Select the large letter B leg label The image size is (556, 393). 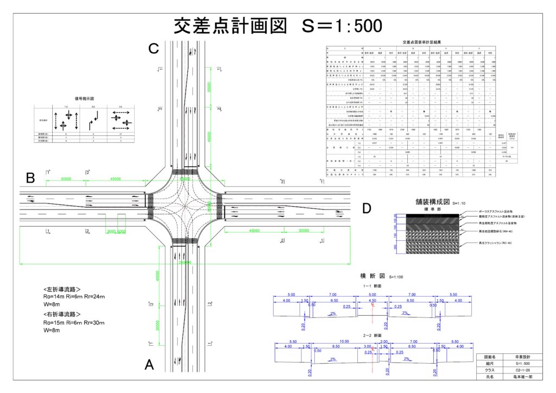30,177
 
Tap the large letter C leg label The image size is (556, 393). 154,49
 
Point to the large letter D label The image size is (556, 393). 367,208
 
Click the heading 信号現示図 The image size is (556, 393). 85,99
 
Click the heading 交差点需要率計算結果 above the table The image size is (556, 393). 426,42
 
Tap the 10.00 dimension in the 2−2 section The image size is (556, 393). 333,341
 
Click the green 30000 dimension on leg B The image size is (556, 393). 66,179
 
